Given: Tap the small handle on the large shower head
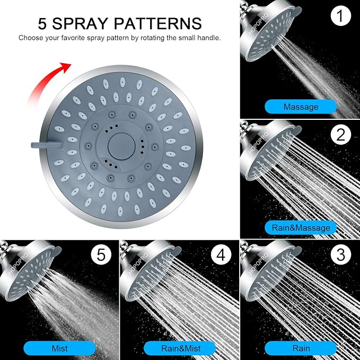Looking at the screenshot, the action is [x=47, y=145].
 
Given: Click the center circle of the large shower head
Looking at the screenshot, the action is [x=121, y=146].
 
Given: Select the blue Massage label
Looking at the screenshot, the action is [x=301, y=107].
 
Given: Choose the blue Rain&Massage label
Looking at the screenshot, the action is [x=301, y=228].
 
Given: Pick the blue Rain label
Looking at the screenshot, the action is [x=301, y=348].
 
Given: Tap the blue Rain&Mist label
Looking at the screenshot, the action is [x=180, y=348].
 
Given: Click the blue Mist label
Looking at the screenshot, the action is [x=60, y=348].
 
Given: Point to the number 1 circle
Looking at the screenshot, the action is [x=341, y=15].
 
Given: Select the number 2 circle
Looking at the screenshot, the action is [x=341, y=135].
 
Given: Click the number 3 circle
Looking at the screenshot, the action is [x=341, y=255].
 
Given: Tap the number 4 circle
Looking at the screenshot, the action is [x=221, y=255].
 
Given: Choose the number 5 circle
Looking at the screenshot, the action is [x=101, y=255].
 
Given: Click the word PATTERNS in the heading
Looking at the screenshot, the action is [x=157, y=23].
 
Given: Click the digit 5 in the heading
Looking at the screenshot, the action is [x=42, y=24].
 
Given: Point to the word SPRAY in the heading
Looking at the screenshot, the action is [x=80, y=23].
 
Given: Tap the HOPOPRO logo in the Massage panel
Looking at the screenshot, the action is [x=258, y=24].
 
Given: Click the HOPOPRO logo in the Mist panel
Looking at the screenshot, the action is [x=18, y=264].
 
